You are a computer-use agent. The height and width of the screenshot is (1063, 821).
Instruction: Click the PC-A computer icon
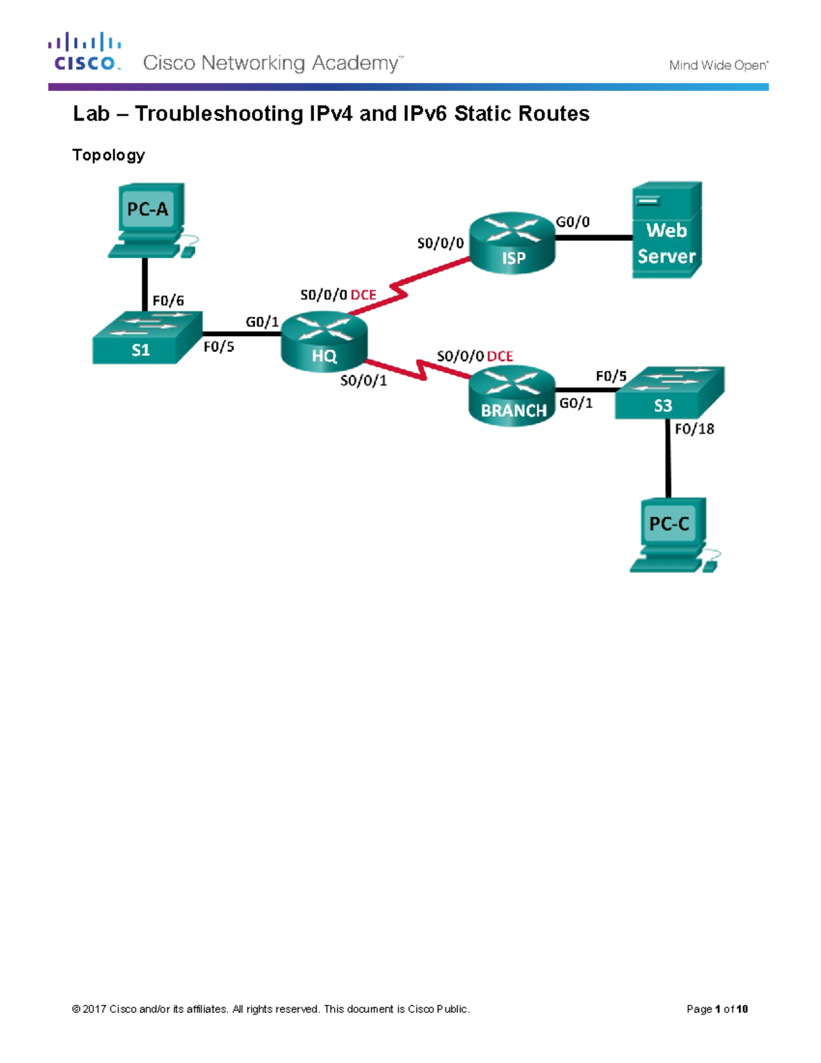pyautogui.click(x=148, y=219)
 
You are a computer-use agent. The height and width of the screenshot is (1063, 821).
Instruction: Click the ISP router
pyautogui.click(x=512, y=243)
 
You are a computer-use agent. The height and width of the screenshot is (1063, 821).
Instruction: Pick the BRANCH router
pyautogui.click(x=512, y=396)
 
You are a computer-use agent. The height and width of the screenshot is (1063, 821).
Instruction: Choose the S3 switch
pyautogui.click(x=668, y=393)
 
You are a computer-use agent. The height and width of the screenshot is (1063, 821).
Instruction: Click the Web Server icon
pyautogui.click(x=666, y=231)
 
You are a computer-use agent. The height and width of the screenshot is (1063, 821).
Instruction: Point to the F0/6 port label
pyautogui.click(x=168, y=300)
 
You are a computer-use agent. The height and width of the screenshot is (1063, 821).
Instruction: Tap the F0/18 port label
pyautogui.click(x=694, y=429)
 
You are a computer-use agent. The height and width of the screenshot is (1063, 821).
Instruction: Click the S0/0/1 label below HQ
pyautogui.click(x=363, y=381)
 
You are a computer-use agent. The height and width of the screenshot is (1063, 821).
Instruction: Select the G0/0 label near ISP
pyautogui.click(x=573, y=222)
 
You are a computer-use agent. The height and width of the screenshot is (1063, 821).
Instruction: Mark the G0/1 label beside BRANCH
pyautogui.click(x=576, y=403)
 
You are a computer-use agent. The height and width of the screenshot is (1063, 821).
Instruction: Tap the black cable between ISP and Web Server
pyautogui.click(x=593, y=238)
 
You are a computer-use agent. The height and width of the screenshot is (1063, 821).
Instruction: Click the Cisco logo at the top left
pyautogui.click(x=85, y=52)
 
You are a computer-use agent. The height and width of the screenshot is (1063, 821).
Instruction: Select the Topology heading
pyautogui.click(x=109, y=155)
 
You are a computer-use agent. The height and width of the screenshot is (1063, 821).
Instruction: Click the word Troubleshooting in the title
pyautogui.click(x=219, y=114)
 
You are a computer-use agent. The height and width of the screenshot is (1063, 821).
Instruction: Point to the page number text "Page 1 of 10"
pyautogui.click(x=717, y=1009)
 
